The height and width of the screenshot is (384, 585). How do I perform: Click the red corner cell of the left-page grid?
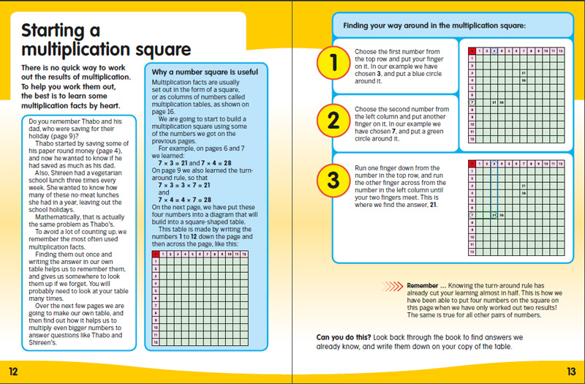point(155,254)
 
